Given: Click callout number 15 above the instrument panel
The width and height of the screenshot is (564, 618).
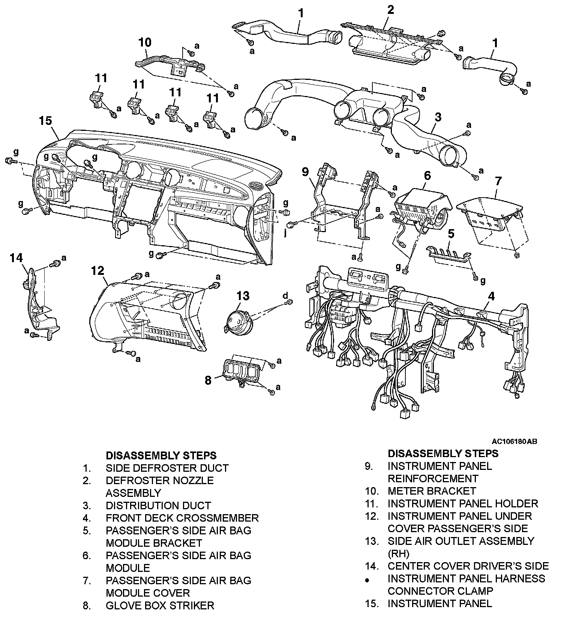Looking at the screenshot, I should tap(45, 121).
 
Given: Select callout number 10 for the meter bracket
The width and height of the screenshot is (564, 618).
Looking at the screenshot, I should tap(145, 42).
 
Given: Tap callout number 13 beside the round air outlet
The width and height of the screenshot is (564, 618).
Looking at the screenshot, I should tap(243, 296).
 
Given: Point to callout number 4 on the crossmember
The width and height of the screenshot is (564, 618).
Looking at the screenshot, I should tap(491, 296).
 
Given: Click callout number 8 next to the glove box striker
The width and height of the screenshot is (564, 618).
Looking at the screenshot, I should tap(208, 380).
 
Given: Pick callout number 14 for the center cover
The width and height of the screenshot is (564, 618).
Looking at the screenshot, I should tap(16, 258).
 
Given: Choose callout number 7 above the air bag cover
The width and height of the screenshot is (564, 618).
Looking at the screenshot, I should tap(498, 181).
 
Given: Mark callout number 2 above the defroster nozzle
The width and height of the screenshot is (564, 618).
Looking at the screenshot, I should tap(390, 10).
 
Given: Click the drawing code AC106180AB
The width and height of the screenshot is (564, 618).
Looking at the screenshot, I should tap(515, 441).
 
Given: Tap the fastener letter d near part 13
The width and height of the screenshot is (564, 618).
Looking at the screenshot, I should tap(285, 295).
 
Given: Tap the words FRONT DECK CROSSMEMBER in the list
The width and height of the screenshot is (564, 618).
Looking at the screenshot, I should tap(182, 518).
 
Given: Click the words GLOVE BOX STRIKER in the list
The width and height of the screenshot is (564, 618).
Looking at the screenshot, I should tap(160, 605).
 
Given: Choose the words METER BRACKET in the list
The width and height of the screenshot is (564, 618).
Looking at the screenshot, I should tap(431, 491).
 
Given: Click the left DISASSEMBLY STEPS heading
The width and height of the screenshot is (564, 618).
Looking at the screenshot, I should tap(161, 455).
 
